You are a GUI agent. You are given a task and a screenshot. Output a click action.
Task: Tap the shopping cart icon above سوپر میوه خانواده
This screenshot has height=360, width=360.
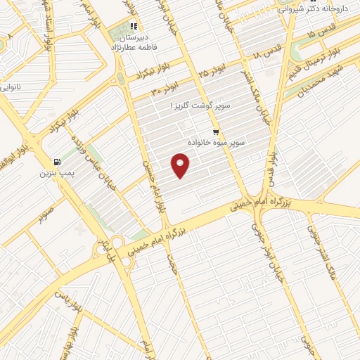click(x=217, y=131)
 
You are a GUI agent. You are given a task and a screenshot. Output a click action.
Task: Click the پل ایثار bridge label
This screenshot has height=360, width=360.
click(x=104, y=252)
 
